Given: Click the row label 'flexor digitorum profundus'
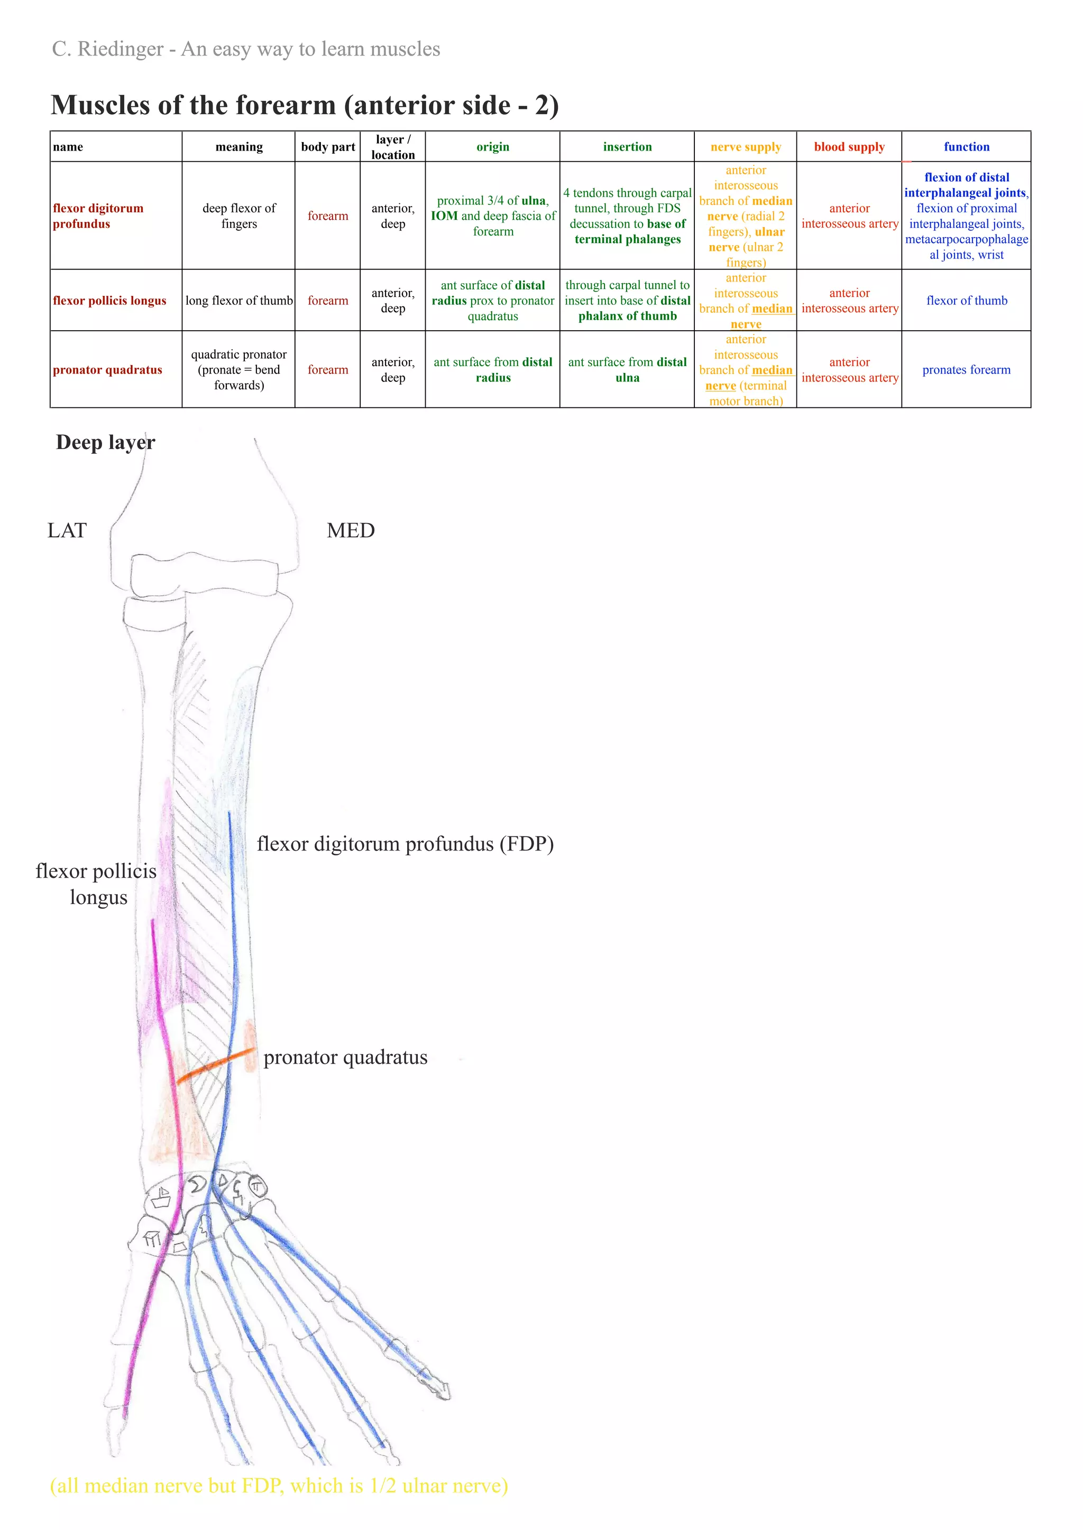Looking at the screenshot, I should coord(98,216).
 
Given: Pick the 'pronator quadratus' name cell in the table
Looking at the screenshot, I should coord(107,370).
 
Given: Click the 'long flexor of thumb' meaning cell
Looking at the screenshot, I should coord(238,301).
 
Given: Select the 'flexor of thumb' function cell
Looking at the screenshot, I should coord(966,301).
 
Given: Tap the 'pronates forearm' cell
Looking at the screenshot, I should coord(966,370).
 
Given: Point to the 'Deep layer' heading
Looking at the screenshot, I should coord(105,443).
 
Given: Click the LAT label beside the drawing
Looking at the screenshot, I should coord(67,530).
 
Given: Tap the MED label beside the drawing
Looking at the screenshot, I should coord(351,530).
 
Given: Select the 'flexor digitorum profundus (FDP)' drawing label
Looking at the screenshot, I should coord(405,844).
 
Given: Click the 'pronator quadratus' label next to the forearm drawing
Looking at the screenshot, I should coord(345,1058).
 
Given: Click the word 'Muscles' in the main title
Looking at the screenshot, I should coord(100,105).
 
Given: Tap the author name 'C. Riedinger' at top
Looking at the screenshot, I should coord(107,49).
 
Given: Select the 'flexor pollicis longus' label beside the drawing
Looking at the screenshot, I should coord(97,884).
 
